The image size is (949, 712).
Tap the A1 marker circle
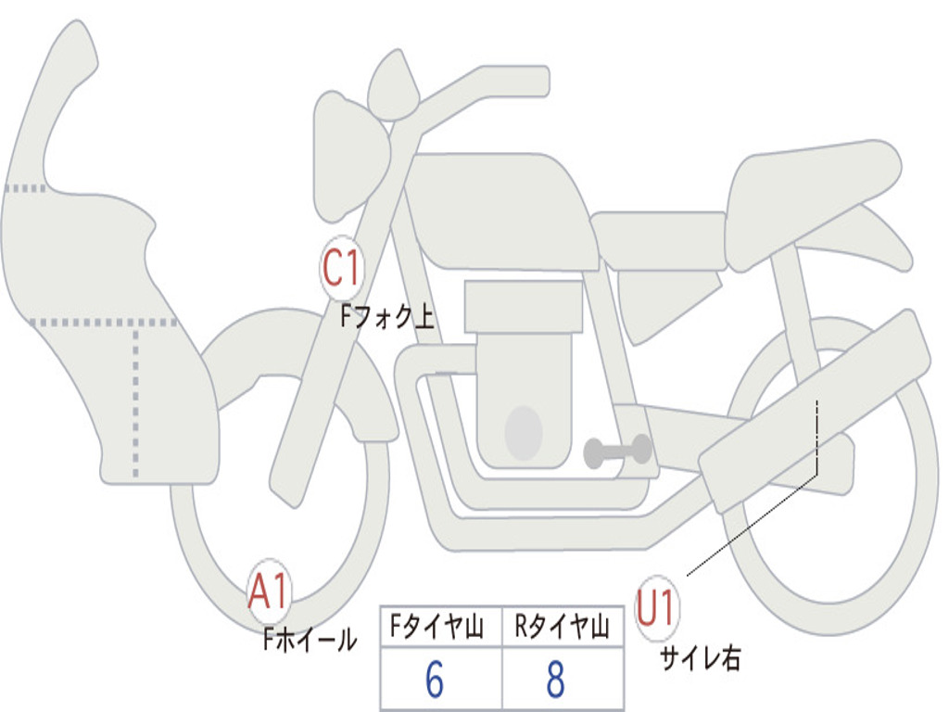(270, 591)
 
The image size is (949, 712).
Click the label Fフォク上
(386, 317)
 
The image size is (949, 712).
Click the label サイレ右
(700, 658)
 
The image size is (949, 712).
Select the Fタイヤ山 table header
(440, 629)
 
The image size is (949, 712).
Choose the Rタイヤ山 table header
(562, 629)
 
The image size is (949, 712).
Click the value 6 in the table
(435, 680)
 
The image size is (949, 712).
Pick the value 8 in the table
(555, 680)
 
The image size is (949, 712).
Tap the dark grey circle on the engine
(524, 432)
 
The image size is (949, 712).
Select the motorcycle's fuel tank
(500, 209)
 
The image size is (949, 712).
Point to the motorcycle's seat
(806, 190)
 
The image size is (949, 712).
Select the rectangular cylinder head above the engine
(524, 306)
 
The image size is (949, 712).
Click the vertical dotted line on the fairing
(136, 399)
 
